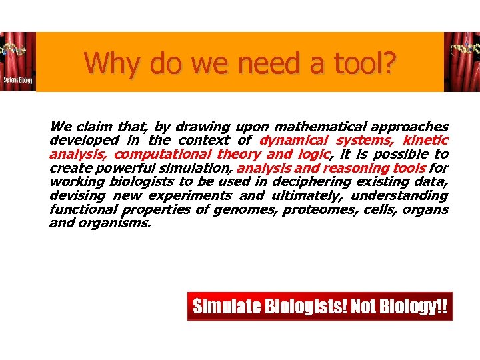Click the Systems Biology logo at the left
17,62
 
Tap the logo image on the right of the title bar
462,62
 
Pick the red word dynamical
293,141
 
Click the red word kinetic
425,141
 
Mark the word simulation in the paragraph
198,168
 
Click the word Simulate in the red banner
226,307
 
